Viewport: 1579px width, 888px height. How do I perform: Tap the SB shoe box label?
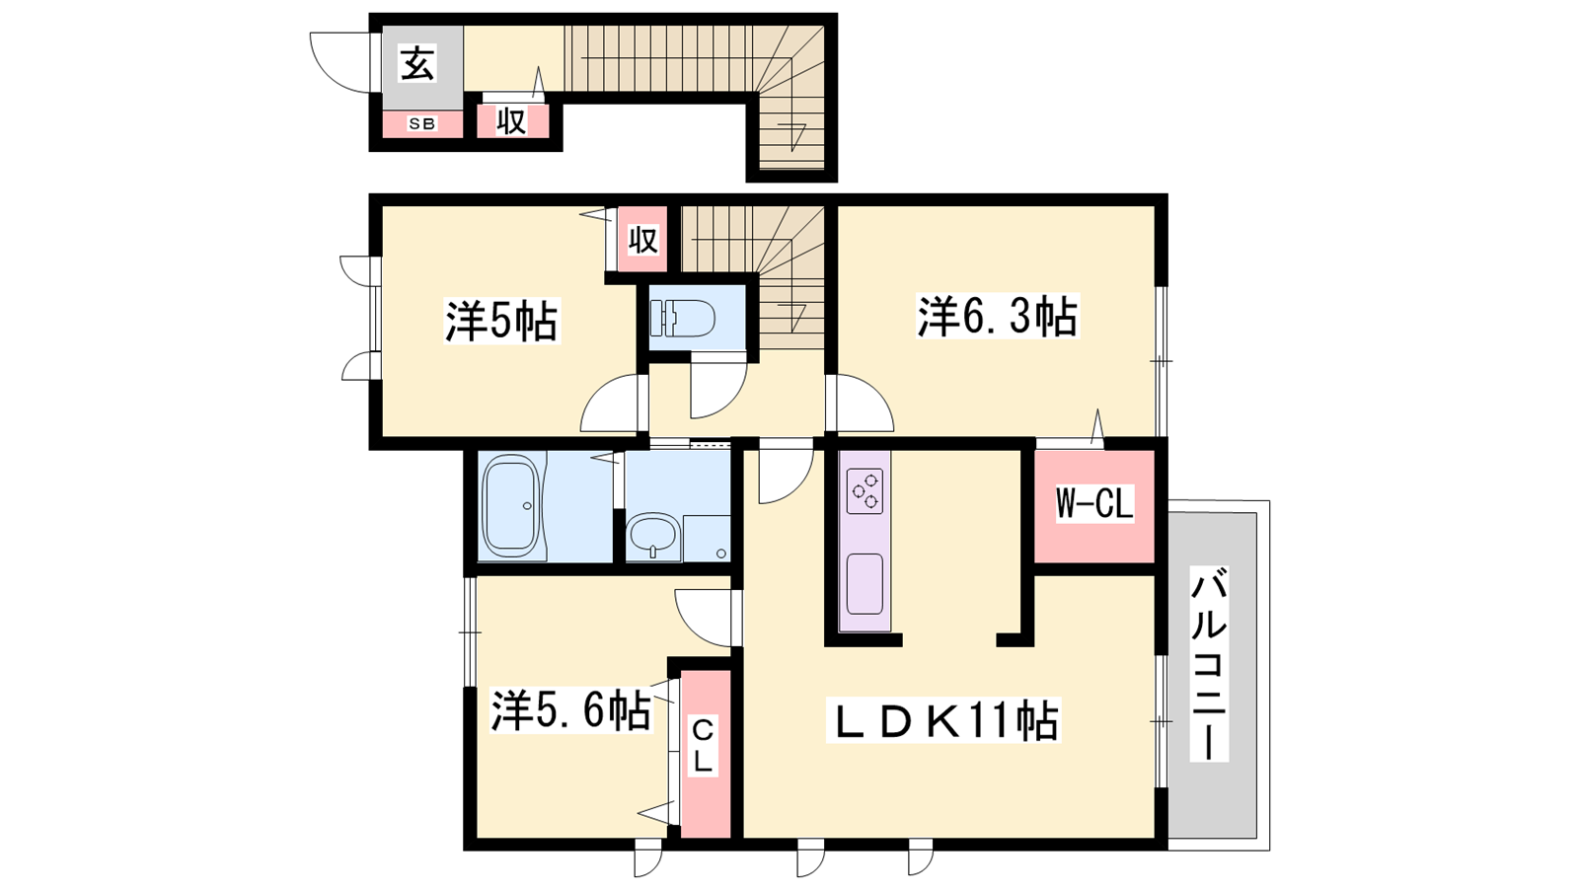[422, 124]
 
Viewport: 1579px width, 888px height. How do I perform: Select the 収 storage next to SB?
[512, 121]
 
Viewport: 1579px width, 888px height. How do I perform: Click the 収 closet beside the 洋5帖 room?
[642, 241]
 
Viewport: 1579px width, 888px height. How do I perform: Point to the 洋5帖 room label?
[501, 321]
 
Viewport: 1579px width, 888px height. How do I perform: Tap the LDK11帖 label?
[943, 720]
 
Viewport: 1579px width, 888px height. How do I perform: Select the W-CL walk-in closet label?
[1094, 504]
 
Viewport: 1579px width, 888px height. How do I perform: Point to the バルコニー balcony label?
[1209, 663]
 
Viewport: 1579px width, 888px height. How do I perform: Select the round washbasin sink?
[653, 537]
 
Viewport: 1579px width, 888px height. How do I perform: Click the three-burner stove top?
[865, 491]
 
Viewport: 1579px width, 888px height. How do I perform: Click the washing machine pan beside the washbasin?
[706, 538]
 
